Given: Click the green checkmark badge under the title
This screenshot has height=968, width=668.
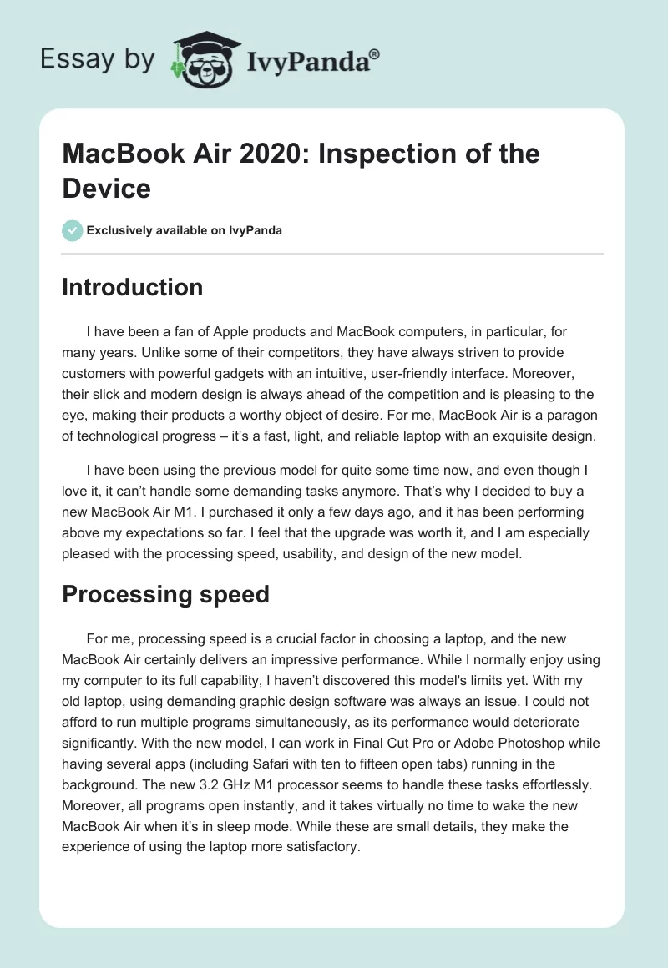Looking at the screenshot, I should point(73,230).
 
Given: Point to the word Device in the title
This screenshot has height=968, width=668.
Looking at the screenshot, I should point(106,188).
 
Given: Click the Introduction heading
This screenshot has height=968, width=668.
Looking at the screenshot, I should point(133,288).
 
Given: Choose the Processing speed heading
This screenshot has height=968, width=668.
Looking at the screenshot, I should point(165,594).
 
